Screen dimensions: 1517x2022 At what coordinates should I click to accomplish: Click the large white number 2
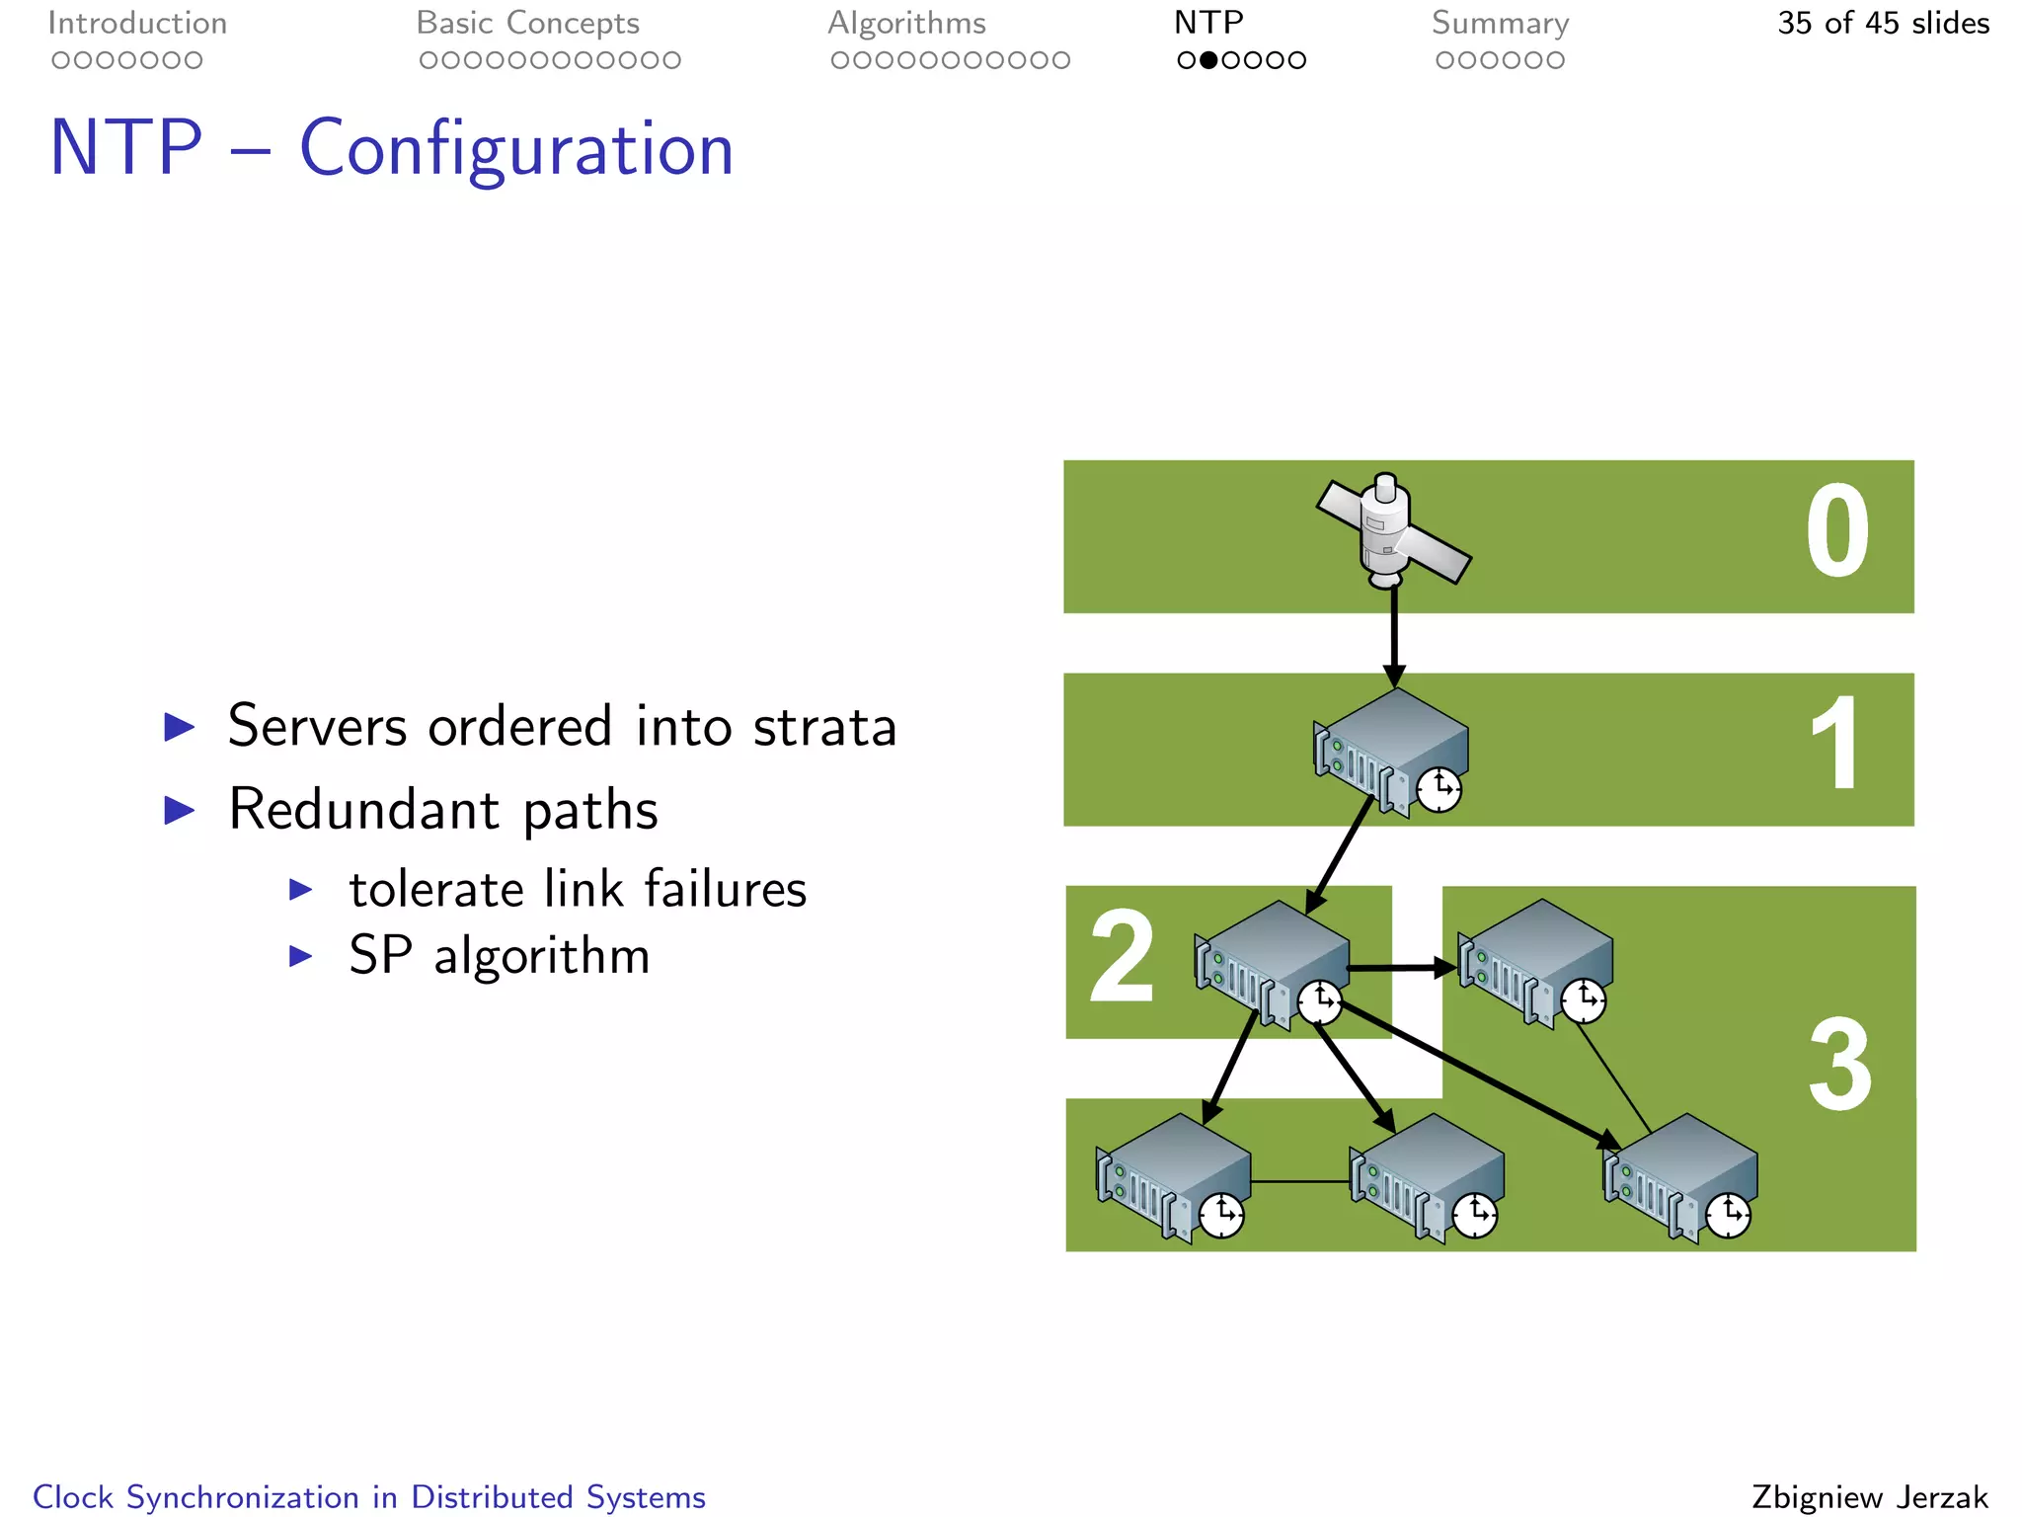click(1122, 956)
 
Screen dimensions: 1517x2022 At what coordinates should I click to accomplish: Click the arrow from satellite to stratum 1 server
click(1393, 637)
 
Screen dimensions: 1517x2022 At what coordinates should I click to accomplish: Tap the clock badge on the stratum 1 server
click(1439, 790)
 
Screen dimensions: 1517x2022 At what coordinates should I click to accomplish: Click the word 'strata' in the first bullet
click(824, 727)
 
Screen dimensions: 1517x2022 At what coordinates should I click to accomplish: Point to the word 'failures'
click(726, 889)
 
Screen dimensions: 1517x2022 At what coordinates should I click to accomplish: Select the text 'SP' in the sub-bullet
click(380, 956)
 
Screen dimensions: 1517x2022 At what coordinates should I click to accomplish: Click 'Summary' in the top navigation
click(1500, 24)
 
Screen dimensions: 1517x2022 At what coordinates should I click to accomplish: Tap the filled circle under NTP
click(1207, 60)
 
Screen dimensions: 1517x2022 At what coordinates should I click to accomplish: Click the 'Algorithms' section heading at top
click(906, 24)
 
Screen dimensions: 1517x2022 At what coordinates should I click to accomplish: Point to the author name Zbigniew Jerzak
click(1870, 1497)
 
